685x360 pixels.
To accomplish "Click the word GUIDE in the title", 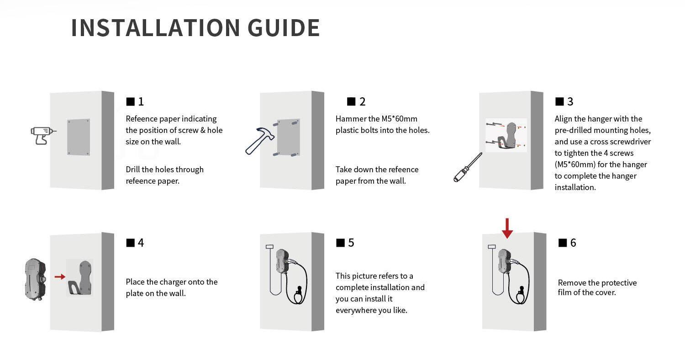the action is (284, 28).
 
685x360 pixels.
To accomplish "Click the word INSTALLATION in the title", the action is (156, 28).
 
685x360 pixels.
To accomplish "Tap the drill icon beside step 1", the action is (43, 135).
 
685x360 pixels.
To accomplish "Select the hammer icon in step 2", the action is (259, 141).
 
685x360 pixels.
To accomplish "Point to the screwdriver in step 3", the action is (468, 167).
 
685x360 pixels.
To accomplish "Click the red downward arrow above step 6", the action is (507, 228).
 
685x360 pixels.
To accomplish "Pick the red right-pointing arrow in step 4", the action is (60, 276).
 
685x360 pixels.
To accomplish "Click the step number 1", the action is (141, 101).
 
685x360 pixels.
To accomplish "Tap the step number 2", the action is (363, 101).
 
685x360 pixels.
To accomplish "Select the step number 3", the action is (570, 101).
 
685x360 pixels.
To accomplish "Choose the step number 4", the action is (141, 243).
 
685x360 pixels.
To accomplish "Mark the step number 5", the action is (351, 243).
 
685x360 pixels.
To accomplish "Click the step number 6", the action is (573, 243).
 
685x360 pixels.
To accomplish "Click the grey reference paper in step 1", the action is (79, 137).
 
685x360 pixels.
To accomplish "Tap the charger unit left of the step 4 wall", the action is (35, 279).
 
